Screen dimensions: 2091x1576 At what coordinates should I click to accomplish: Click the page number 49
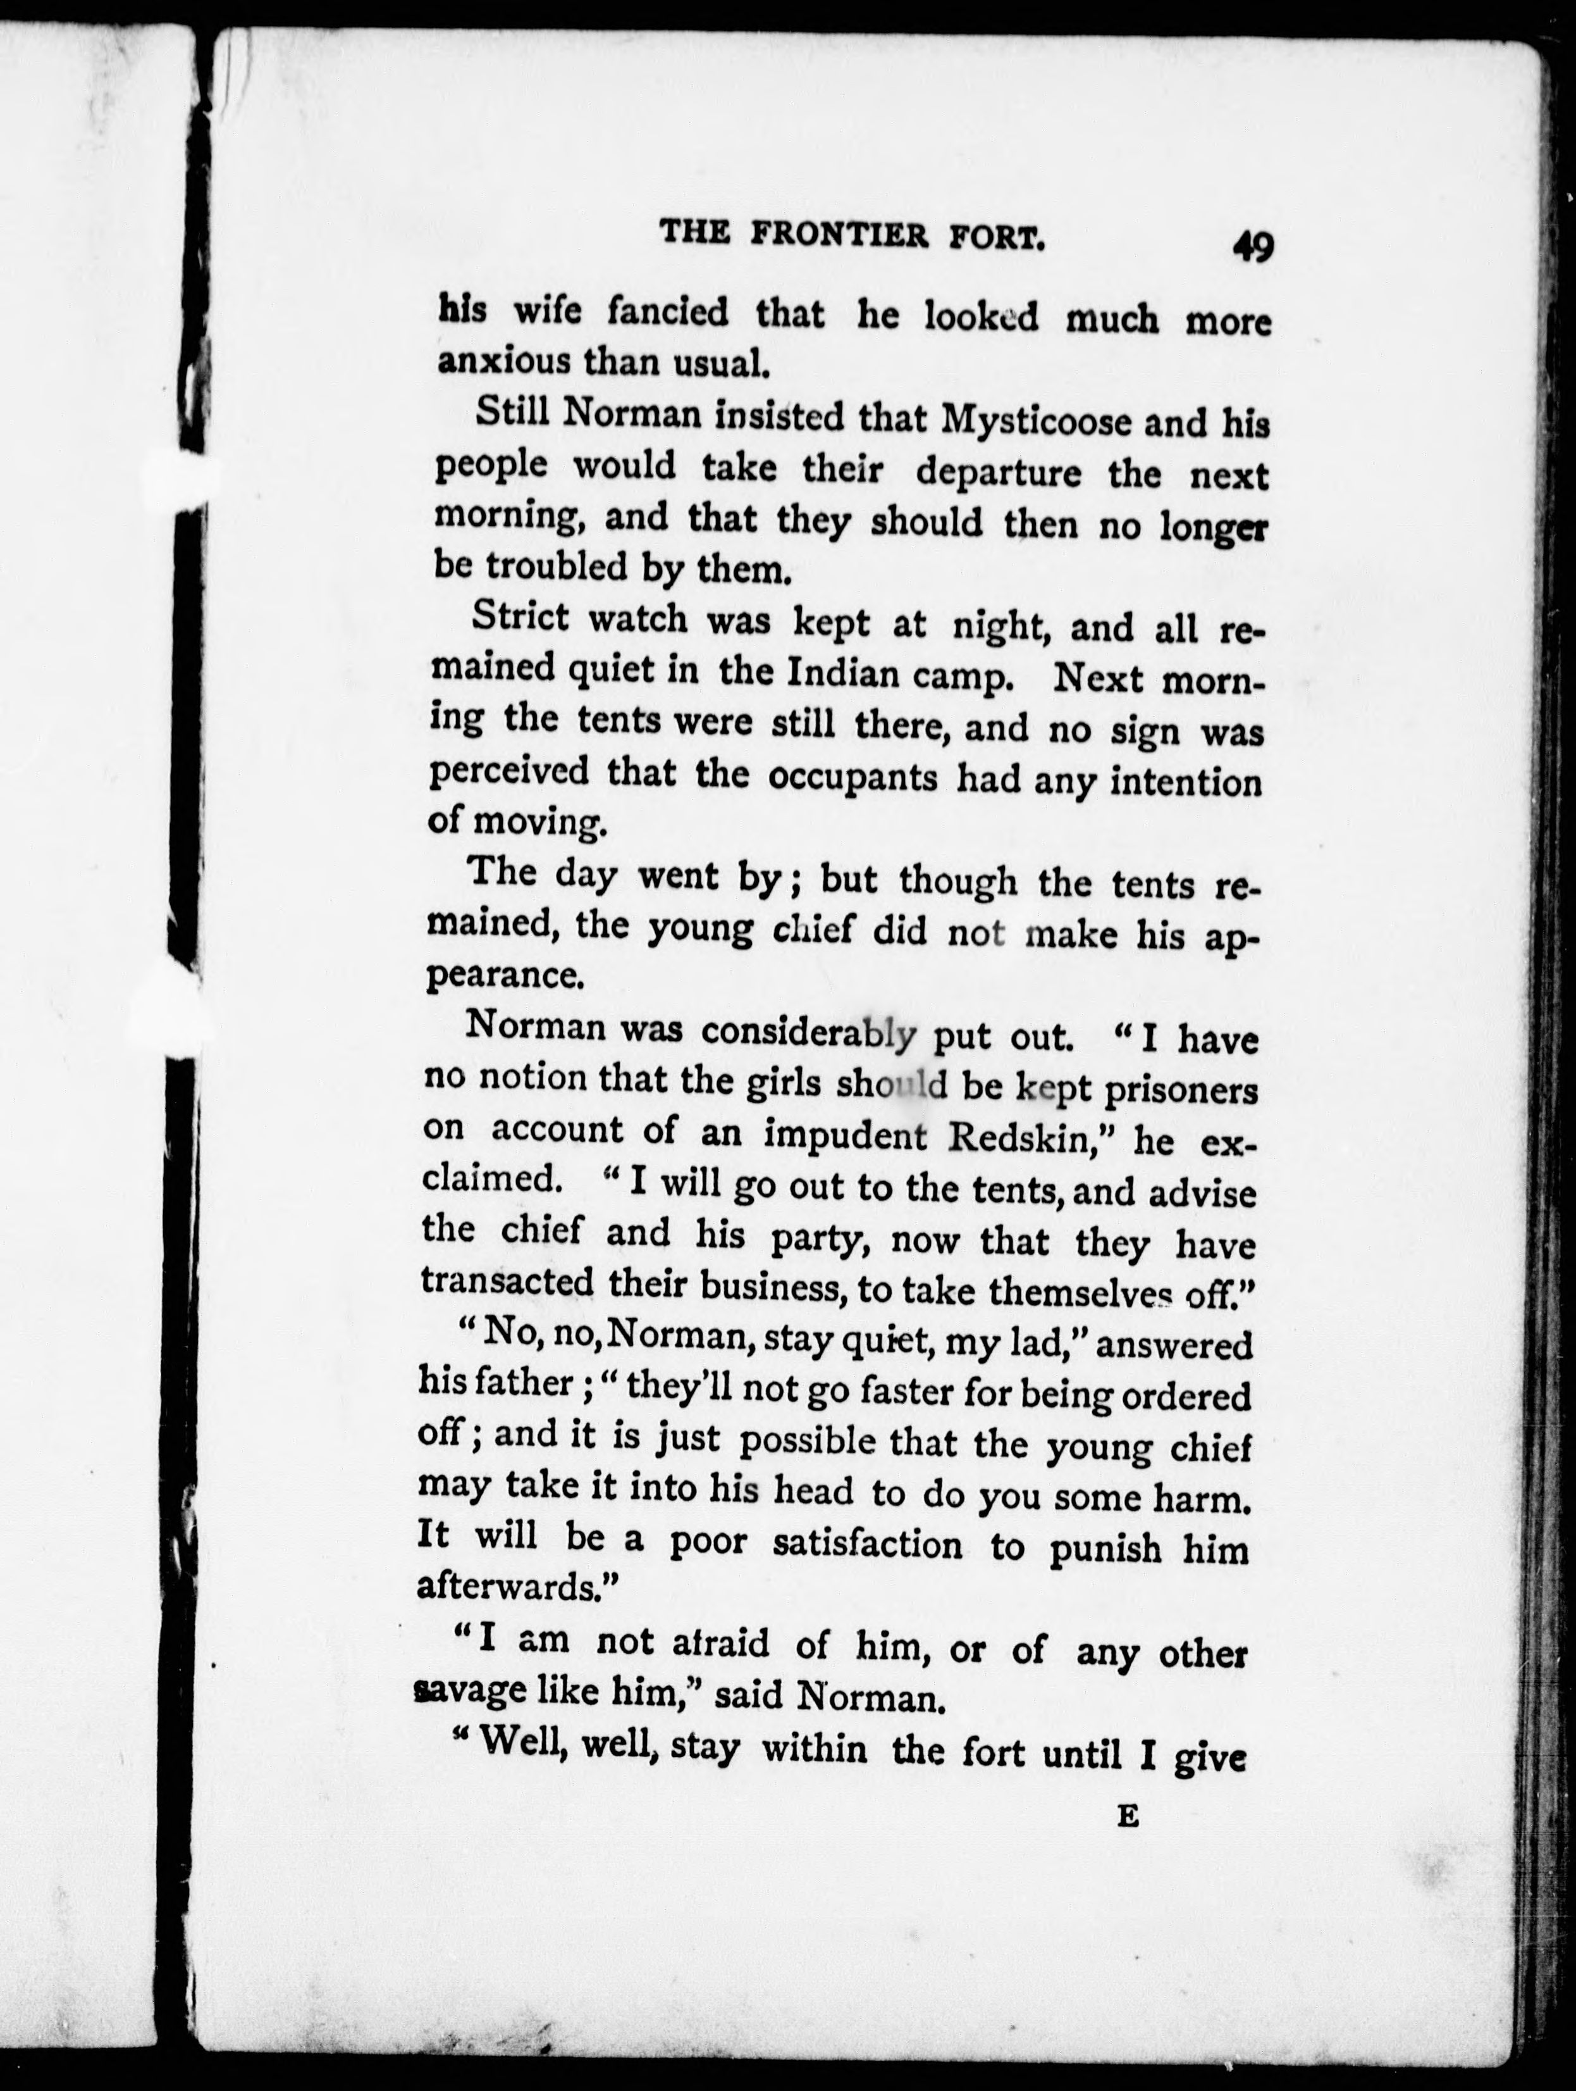pyautogui.click(x=1252, y=247)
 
